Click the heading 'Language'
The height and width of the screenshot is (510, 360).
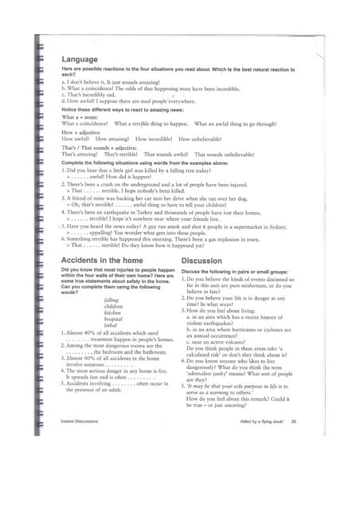(x=80, y=60)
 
